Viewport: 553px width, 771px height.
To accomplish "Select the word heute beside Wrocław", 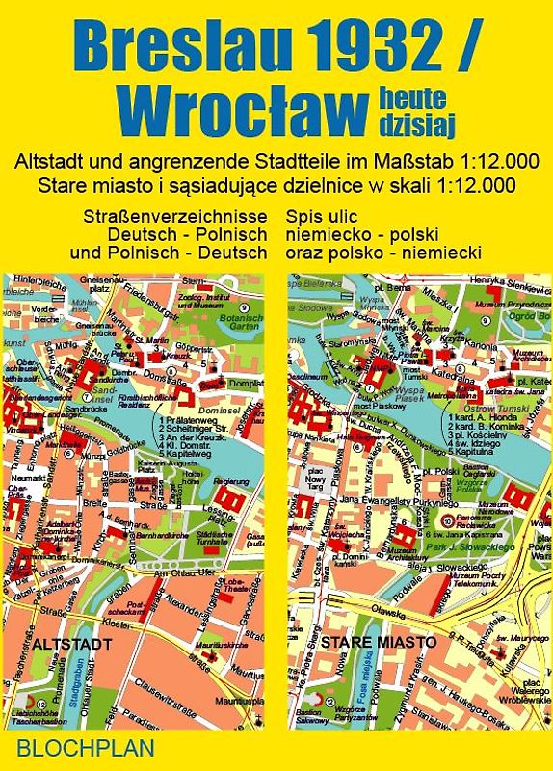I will click(x=408, y=93).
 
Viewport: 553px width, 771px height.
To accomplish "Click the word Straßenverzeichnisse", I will click(x=174, y=217).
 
